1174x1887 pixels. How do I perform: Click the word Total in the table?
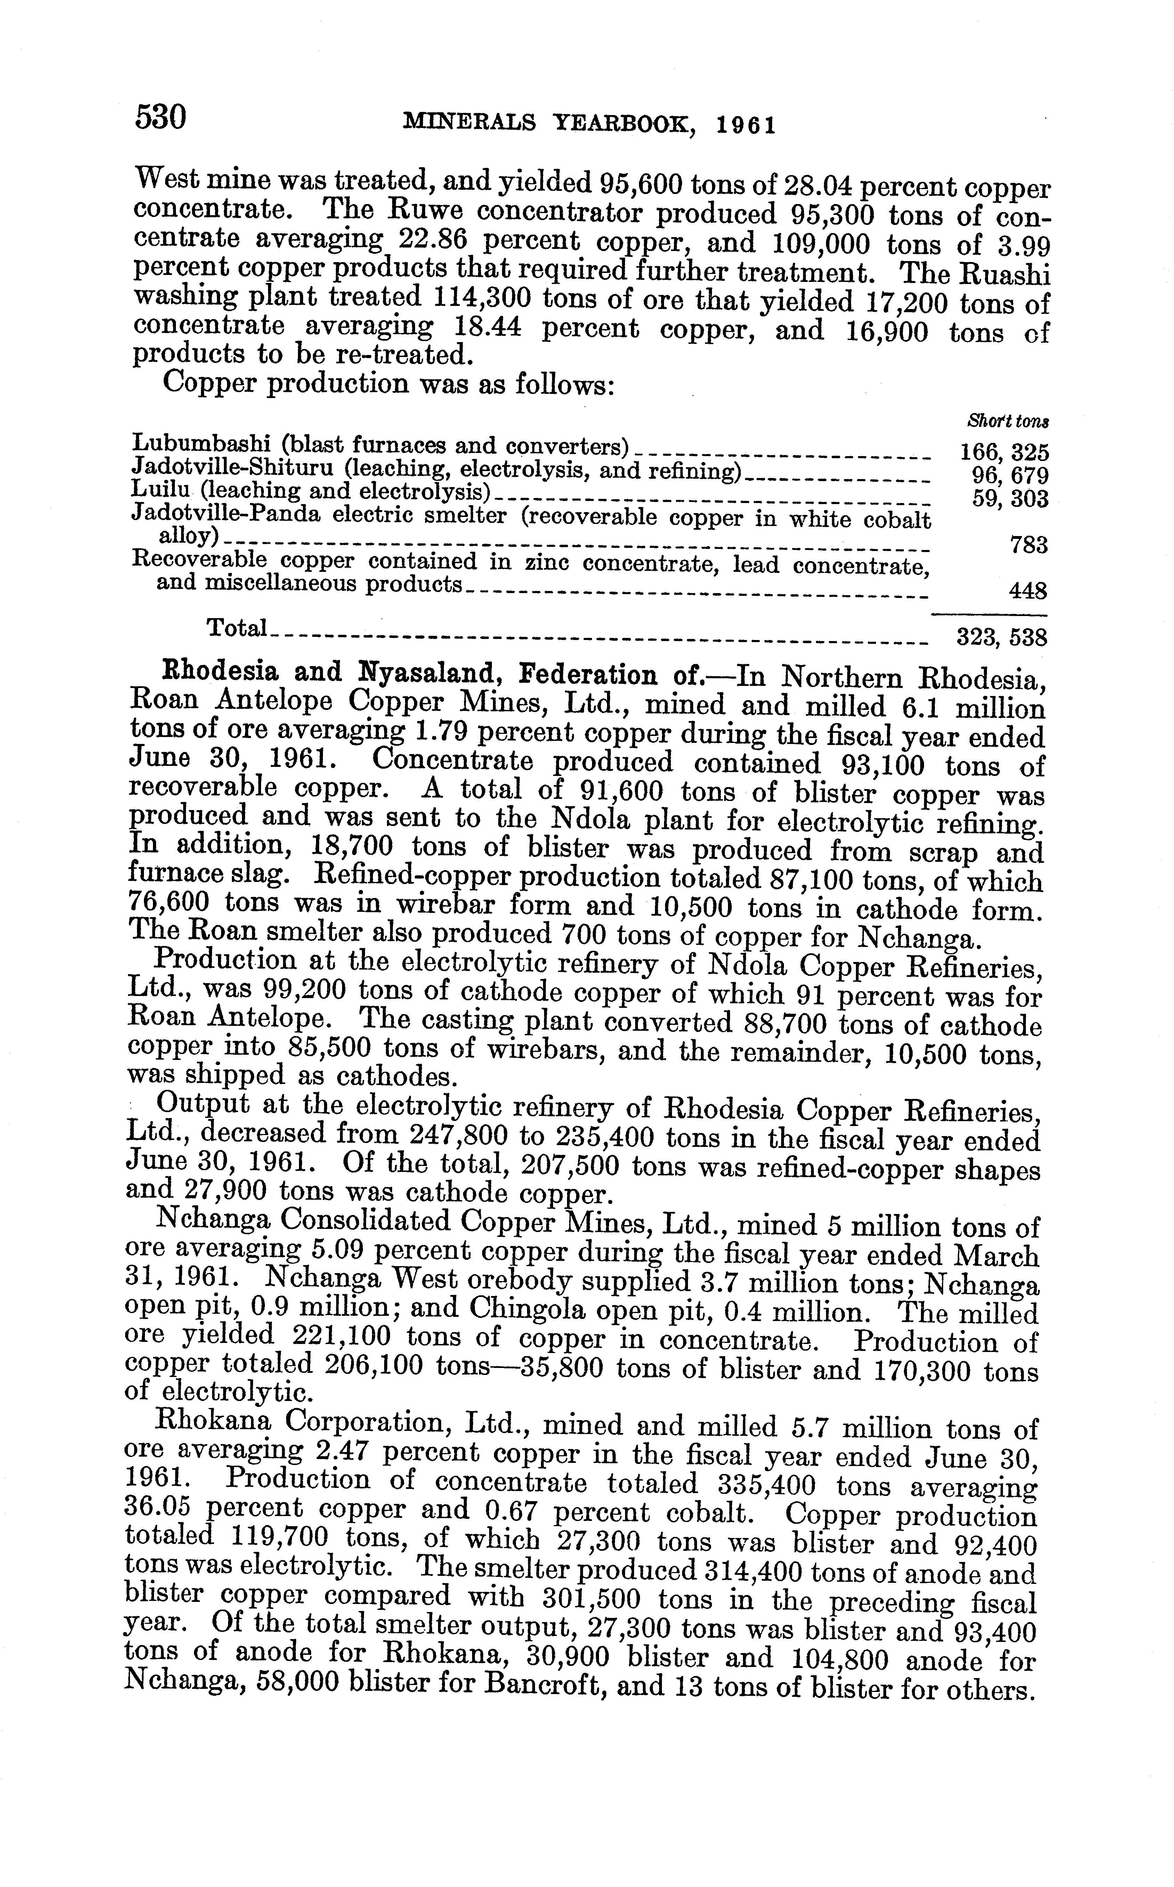point(237,627)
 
